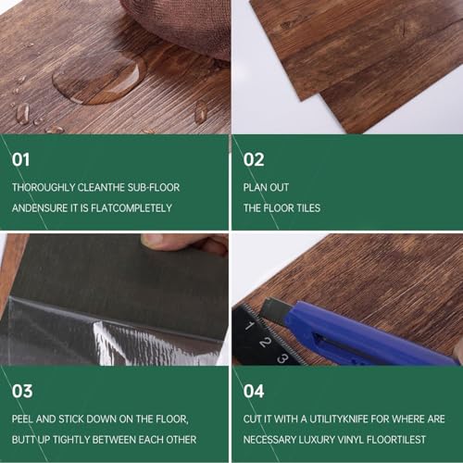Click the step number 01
tap(20, 160)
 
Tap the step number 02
tap(254, 160)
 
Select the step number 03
tap(22, 391)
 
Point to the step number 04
tap(254, 391)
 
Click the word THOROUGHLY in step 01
tap(44, 187)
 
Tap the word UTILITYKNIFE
tap(339, 419)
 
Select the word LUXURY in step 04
tap(316, 440)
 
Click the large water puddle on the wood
tap(99, 79)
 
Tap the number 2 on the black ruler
tap(265, 343)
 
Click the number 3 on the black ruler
tap(282, 358)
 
